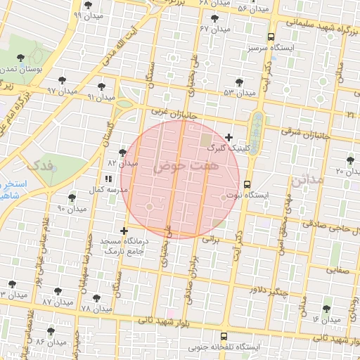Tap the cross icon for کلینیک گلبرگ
pyautogui.click(x=229, y=136)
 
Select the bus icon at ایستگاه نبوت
pyautogui.click(x=246, y=184)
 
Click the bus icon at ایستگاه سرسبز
pyautogui.click(x=271, y=37)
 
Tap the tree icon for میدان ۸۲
pyautogui.click(x=122, y=153)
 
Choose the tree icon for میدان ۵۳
pyautogui.click(x=240, y=82)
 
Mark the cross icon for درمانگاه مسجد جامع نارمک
pyautogui.click(x=124, y=231)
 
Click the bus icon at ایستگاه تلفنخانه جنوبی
pyautogui.click(x=224, y=336)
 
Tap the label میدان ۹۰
pyautogui.click(x=71, y=209)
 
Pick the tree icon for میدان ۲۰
pyautogui.click(x=350, y=160)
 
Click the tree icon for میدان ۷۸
pyautogui.click(x=97, y=298)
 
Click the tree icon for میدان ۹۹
pyautogui.click(x=75, y=4)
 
